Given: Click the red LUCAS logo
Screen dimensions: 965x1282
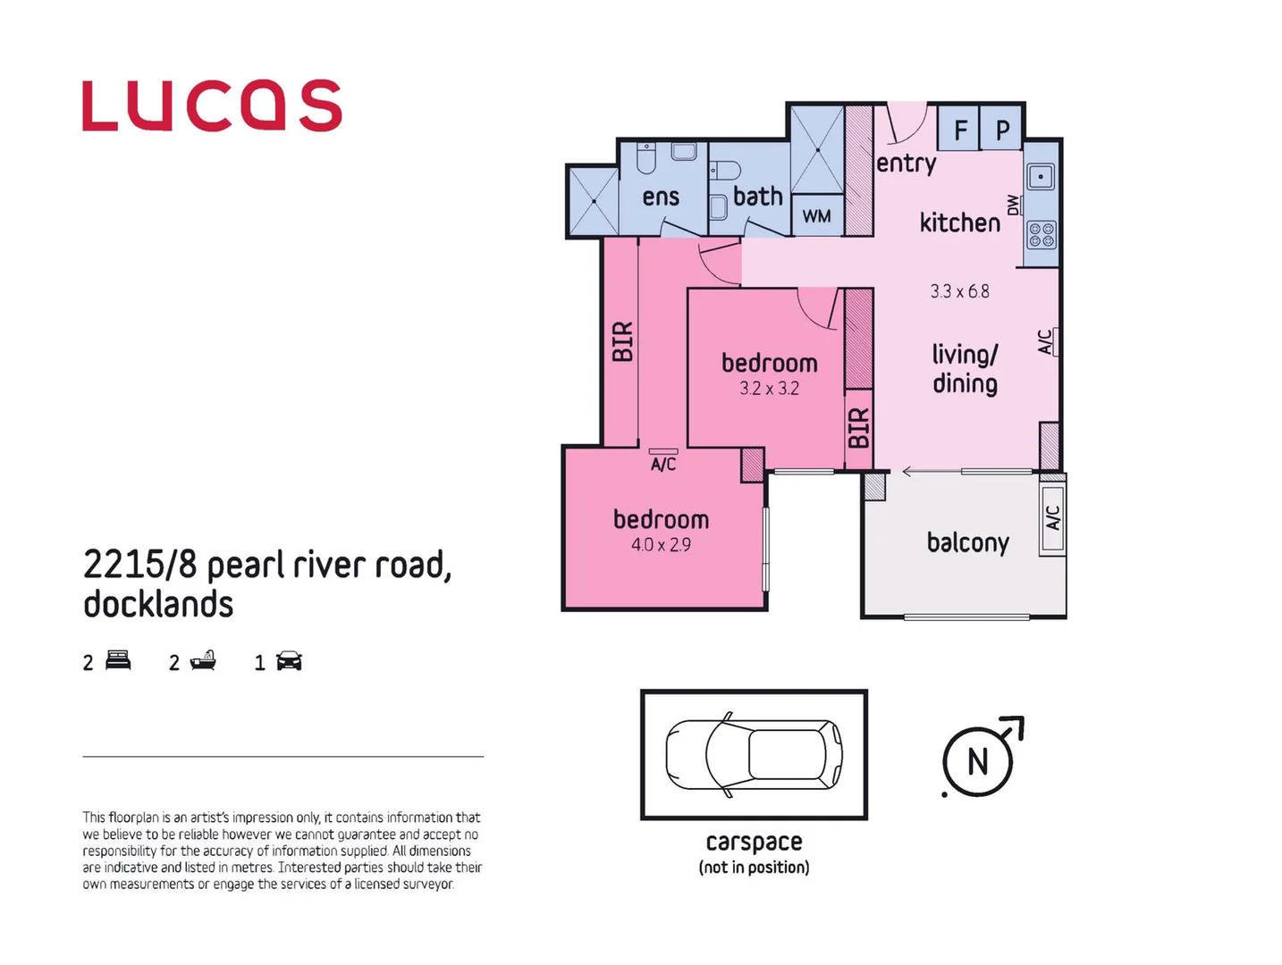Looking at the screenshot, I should pos(212,106).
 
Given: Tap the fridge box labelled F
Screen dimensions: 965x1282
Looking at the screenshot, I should pos(959,130).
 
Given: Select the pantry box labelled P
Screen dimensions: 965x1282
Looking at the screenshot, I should pos(1002,130).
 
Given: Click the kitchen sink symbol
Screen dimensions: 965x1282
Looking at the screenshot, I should pos(1040,176).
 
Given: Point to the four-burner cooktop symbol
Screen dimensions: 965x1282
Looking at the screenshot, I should pos(1042,235).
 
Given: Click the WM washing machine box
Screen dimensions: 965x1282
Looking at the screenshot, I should pos(816,216).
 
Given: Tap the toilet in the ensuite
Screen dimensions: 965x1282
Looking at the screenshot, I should pos(646,158).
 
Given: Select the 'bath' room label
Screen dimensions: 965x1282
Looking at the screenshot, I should pos(757,197).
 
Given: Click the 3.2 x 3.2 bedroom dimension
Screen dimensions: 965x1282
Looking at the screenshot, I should pos(769,389).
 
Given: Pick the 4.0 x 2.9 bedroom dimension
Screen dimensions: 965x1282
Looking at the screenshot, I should pos(661,545).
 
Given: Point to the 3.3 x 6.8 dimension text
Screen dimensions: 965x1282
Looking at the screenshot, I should pos(959,291).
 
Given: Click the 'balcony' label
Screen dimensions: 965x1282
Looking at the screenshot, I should pos(967,543).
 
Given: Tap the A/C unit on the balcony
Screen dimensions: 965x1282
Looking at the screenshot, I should pos(1053,517).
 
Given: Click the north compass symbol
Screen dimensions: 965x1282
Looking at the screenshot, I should pos(980,760).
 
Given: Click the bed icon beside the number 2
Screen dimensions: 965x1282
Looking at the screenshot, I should pos(118,661).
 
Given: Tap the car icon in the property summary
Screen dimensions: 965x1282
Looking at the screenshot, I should pos(289,661).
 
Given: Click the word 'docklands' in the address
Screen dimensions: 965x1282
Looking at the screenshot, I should pos(158,604).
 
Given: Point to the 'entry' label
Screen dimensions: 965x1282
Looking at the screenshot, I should pos(906,164).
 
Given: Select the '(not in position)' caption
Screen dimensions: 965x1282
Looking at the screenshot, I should pos(754,868).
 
